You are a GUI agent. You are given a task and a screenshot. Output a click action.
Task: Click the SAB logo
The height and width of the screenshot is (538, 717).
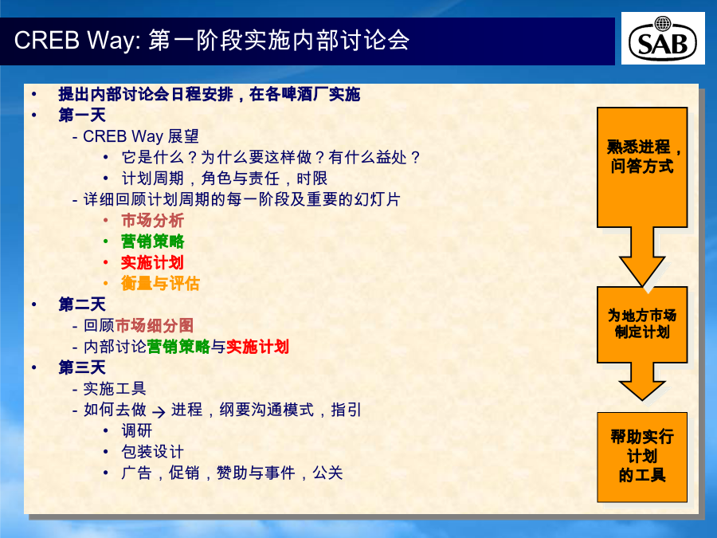point(663,38)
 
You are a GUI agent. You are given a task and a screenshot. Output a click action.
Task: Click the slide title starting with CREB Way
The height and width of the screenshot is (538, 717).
point(212,40)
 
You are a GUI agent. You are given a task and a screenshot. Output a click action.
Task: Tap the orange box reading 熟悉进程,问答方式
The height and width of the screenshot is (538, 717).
point(642,167)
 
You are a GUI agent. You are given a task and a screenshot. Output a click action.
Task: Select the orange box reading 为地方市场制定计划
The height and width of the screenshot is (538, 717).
point(642,324)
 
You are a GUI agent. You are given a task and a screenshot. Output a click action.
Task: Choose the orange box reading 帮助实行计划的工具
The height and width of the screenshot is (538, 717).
point(642,457)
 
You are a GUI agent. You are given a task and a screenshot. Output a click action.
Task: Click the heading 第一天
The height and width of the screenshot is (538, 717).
point(82,115)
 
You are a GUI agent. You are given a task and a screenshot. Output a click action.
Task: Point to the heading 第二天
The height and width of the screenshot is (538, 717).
point(82,304)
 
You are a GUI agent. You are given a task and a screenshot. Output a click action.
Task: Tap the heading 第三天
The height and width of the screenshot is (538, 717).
point(82,367)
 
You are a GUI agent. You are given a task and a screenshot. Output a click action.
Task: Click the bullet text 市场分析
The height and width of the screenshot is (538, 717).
point(152,220)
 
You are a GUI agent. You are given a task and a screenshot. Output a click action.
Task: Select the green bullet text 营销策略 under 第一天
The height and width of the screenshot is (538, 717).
point(152,241)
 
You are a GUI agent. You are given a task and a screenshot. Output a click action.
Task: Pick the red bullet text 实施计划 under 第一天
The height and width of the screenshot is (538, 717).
point(152,262)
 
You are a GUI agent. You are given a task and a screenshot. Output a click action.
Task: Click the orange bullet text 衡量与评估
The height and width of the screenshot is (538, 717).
point(160,283)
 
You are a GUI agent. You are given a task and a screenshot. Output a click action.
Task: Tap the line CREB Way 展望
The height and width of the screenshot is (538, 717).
point(141,135)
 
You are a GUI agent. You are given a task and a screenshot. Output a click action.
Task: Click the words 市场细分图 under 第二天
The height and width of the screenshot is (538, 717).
point(154,325)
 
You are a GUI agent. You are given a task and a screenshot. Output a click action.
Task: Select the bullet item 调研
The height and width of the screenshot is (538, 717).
point(137,430)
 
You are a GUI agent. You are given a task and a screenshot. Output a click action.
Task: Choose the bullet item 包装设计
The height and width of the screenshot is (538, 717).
point(152,452)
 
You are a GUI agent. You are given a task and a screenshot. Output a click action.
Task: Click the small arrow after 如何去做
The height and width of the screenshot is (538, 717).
point(159,412)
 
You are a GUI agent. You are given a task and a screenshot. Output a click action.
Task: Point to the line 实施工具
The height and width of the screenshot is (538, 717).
point(114,388)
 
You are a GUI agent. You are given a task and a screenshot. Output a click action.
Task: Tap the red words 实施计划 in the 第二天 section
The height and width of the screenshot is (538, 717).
point(257,347)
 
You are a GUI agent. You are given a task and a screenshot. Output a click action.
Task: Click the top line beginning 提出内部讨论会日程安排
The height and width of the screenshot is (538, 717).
point(209,94)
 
